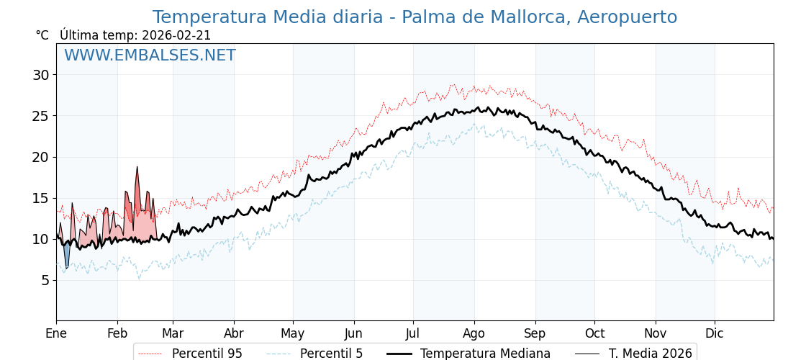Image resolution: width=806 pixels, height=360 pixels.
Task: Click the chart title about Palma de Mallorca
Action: pyautogui.click(x=415, y=17)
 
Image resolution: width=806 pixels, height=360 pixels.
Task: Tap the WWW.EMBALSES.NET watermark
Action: pyautogui.click(x=150, y=55)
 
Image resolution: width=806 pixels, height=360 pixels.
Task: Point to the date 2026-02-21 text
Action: pyautogui.click(x=176, y=35)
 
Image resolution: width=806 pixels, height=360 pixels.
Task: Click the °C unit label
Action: pyautogui.click(x=42, y=35)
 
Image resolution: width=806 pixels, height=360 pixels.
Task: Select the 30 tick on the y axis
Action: pyautogui.click(x=40, y=75)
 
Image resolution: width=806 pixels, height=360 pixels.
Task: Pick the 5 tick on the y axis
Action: pyautogui.click(x=45, y=280)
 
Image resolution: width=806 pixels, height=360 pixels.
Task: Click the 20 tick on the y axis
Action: pyautogui.click(x=40, y=157)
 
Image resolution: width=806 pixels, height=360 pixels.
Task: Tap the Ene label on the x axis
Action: pyautogui.click(x=56, y=333)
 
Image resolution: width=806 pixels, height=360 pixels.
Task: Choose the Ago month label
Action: pyautogui.click(x=474, y=333)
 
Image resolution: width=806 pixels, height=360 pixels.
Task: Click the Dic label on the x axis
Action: pyautogui.click(x=715, y=333)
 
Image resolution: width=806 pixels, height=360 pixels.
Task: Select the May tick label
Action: pyautogui.click(x=293, y=333)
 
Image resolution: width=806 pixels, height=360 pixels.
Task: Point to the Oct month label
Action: pyautogui.click(x=594, y=333)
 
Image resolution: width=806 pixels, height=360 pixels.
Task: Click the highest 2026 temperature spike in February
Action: pyautogui.click(x=137, y=168)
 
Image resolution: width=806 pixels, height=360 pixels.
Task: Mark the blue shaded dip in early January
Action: pyautogui.click(x=67, y=256)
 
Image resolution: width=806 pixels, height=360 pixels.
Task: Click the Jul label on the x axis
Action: pyautogui.click(x=413, y=333)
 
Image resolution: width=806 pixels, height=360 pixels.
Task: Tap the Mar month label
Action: pyautogui.click(x=173, y=333)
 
